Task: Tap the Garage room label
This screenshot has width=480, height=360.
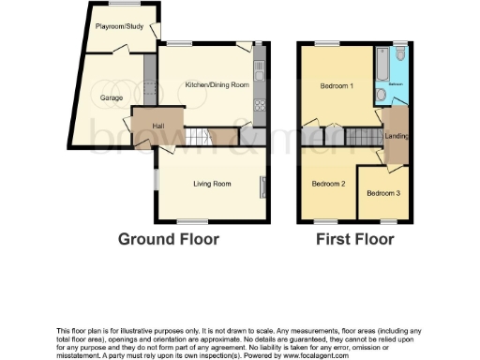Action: click(x=112, y=97)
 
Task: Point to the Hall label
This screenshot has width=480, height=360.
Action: click(x=146, y=127)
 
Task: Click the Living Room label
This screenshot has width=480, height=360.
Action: click(x=212, y=184)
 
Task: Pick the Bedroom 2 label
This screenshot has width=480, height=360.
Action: click(x=329, y=184)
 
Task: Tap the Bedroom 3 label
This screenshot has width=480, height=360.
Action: click(x=382, y=193)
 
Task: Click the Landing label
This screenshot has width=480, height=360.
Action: click(x=397, y=137)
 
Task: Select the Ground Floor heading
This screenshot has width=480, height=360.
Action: click(x=169, y=239)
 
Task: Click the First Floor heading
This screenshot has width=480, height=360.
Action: click(x=354, y=239)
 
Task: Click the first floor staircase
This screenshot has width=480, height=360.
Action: click(x=365, y=138)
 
